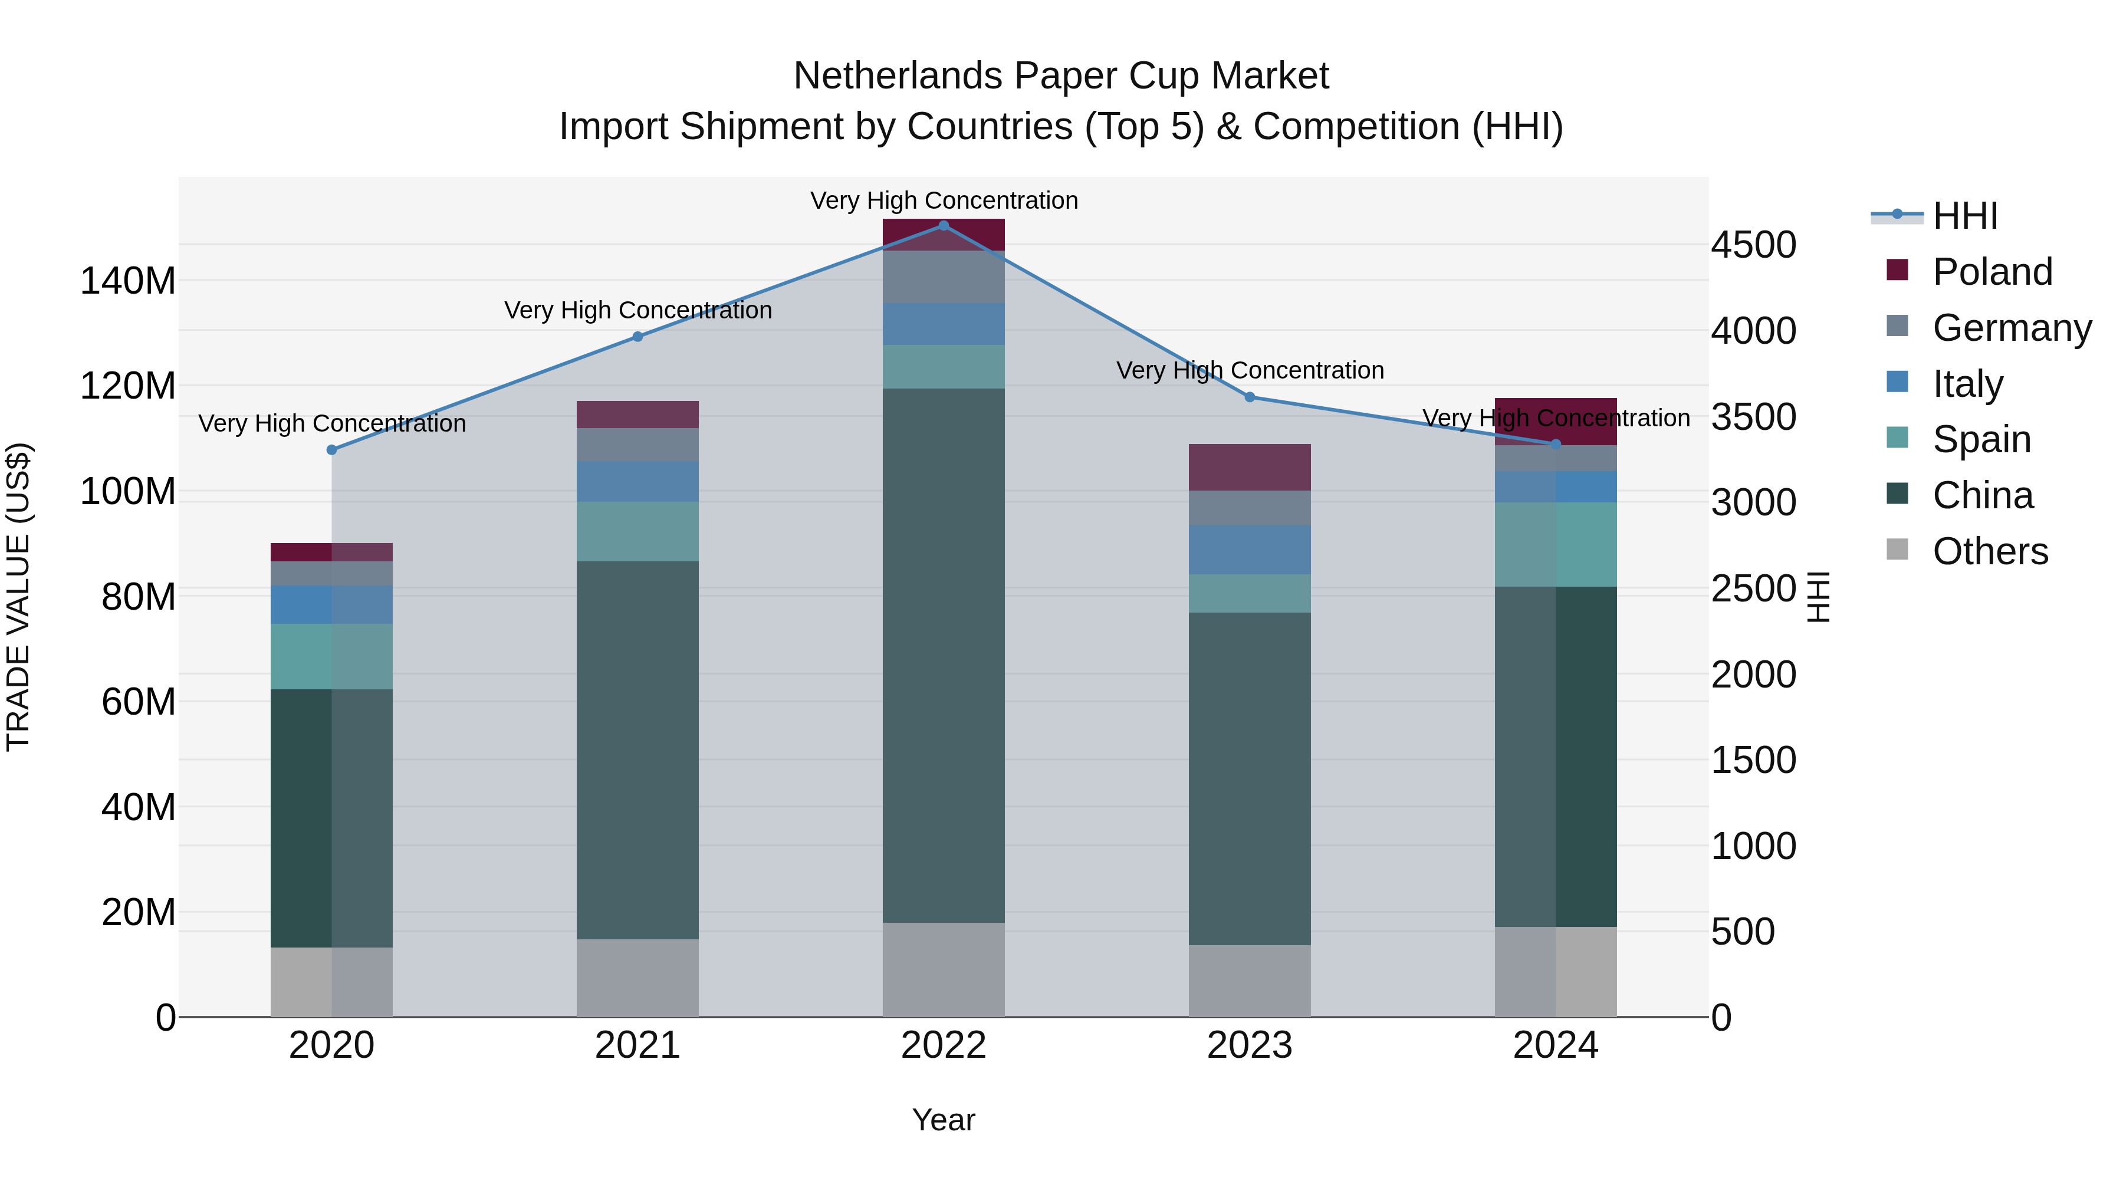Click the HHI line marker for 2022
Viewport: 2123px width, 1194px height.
[944, 226]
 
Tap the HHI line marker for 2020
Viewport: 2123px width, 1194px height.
[331, 450]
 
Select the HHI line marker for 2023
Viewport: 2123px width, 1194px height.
[1250, 397]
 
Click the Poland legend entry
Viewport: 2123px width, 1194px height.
[1991, 272]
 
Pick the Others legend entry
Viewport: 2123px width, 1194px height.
[1990, 551]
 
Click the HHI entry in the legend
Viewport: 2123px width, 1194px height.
[1965, 216]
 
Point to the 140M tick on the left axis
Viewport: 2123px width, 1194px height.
[128, 281]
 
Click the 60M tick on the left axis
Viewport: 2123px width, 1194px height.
[137, 702]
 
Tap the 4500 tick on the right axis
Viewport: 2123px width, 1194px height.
[1753, 245]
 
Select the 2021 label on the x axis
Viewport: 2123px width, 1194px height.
[637, 1045]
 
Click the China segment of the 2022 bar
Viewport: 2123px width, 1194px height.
[944, 655]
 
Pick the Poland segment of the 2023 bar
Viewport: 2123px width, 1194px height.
[1250, 467]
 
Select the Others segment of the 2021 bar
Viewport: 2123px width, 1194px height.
[637, 978]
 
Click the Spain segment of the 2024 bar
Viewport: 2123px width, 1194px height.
[1555, 545]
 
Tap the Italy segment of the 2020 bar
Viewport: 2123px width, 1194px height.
[331, 605]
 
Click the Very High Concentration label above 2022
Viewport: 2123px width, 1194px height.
[944, 200]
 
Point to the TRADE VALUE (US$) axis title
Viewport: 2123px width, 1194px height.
[18, 597]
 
